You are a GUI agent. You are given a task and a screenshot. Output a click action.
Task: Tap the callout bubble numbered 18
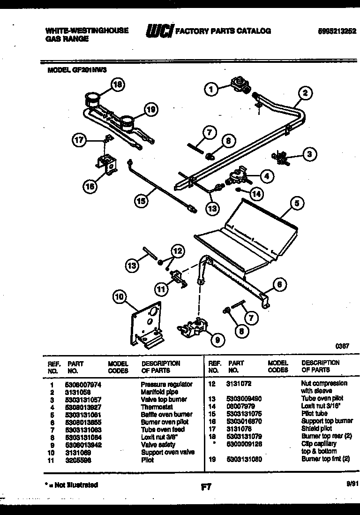pos(119,85)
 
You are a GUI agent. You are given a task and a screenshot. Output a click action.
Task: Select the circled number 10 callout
pos(120,296)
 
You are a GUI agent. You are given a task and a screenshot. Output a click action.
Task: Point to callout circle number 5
pos(296,204)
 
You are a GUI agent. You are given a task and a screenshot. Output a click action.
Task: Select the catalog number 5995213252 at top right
pos(337,31)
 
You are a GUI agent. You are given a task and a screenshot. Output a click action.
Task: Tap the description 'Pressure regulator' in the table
pos(166,384)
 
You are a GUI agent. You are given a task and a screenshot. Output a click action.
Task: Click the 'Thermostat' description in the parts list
pos(157,407)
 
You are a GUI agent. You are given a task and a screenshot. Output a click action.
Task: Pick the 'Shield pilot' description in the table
pos(316,428)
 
